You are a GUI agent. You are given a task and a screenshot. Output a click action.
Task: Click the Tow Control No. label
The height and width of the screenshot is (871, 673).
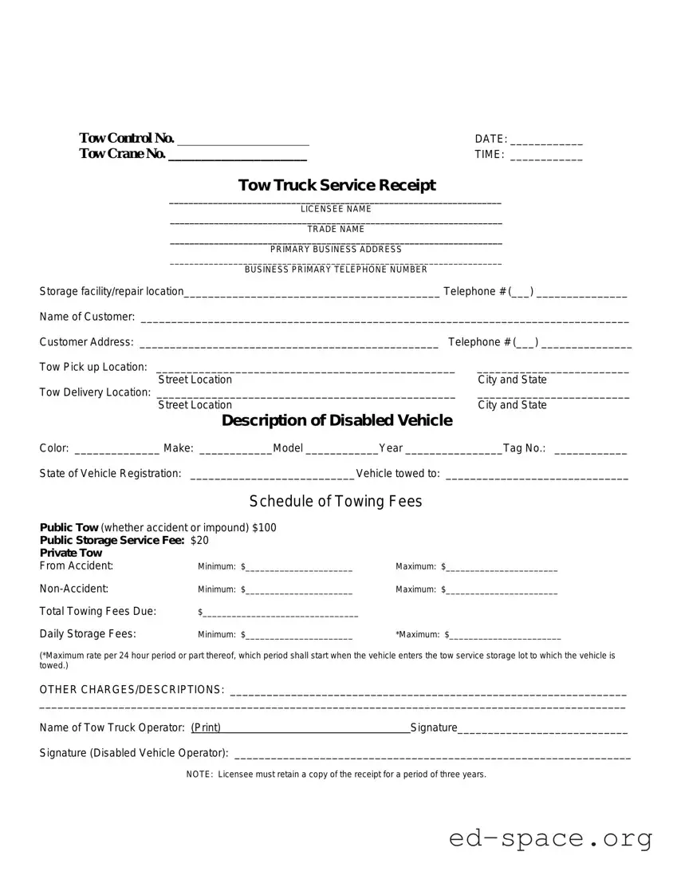tap(126, 139)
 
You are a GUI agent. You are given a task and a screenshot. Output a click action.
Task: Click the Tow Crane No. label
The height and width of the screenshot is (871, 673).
tap(122, 154)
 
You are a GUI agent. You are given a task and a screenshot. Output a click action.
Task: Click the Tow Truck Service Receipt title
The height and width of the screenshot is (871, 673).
tap(336, 185)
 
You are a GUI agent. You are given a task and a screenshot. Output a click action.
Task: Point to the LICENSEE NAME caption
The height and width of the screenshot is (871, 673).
tap(336, 209)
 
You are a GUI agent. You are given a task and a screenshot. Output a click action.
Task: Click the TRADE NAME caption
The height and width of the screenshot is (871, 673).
tap(336, 229)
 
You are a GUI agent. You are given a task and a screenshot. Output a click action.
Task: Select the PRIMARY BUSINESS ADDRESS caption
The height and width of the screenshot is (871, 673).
tap(336, 249)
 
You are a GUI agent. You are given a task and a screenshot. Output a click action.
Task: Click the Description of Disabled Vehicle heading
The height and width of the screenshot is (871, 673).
tap(336, 420)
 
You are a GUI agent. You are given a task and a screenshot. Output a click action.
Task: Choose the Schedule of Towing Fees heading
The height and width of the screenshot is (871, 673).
tap(336, 501)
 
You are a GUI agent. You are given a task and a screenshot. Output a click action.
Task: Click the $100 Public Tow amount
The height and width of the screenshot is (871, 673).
tap(264, 528)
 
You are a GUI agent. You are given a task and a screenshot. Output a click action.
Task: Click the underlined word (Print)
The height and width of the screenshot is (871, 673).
tap(206, 727)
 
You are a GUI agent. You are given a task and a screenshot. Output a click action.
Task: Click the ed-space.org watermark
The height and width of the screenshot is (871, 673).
tap(550, 838)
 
